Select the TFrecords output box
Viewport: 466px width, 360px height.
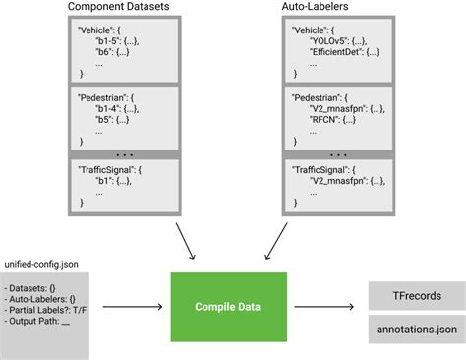click(x=417, y=295)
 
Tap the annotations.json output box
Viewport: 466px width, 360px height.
click(x=417, y=330)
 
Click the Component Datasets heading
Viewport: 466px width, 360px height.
click(x=120, y=7)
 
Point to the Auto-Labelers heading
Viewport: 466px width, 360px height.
click(x=339, y=7)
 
